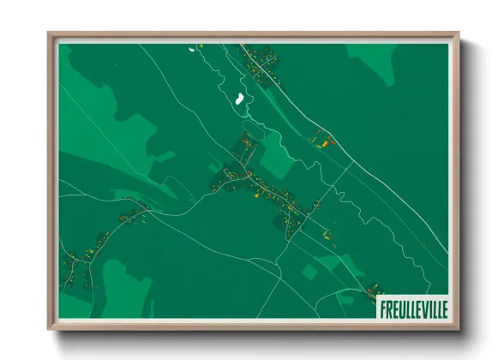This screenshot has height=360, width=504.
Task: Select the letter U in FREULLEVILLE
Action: (x=398, y=307)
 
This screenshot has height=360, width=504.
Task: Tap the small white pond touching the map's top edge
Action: (x=192, y=48)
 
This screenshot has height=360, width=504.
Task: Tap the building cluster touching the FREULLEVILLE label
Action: (x=374, y=291)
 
